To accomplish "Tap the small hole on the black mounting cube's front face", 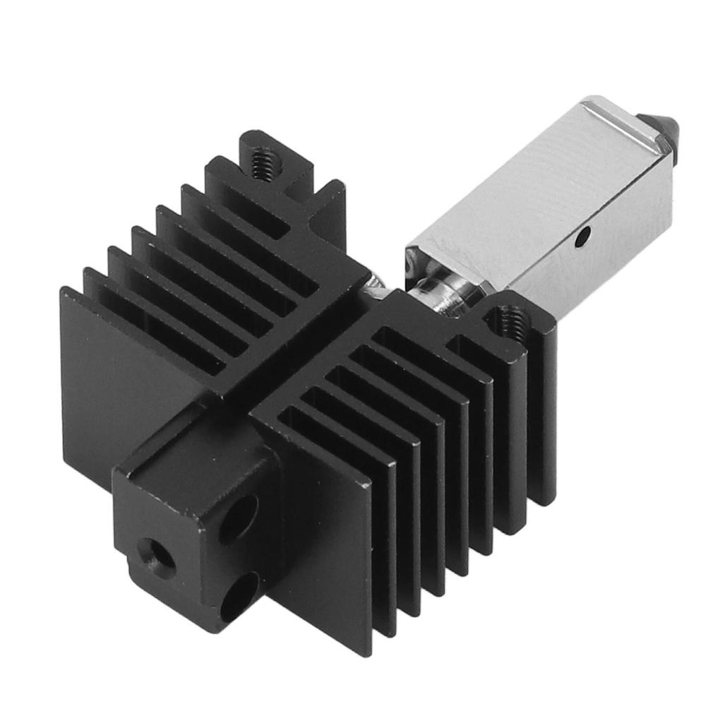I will click(x=152, y=549).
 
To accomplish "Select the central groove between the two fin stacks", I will click(x=297, y=353).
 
